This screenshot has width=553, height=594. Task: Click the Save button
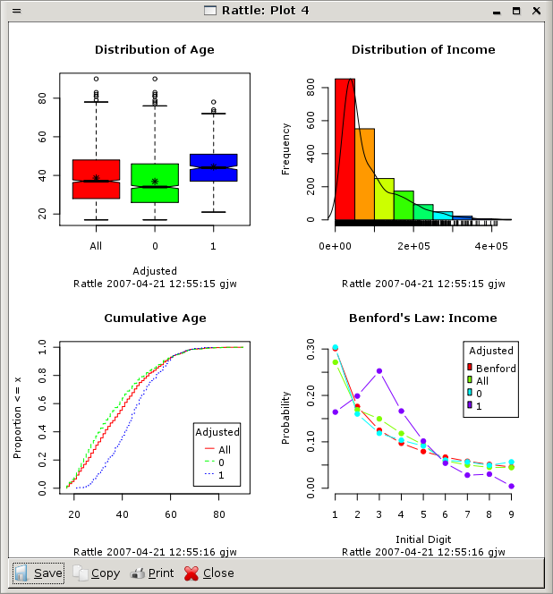coord(38,573)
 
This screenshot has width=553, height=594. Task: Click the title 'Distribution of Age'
coord(155,50)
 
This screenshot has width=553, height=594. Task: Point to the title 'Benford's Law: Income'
coord(422,318)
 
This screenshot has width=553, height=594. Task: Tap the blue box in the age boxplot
coord(213,167)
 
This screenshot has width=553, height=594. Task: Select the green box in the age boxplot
coord(155,183)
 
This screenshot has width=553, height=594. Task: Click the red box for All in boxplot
coord(96,179)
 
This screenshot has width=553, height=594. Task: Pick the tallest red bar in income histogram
coord(345,148)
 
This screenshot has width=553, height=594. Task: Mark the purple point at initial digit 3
coord(379,370)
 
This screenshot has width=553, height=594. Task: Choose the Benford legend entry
coord(495,368)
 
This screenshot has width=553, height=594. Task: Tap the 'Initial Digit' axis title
coord(422,539)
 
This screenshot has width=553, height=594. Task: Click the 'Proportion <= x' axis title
coord(18,418)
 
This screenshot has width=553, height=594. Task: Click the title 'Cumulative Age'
coord(155,318)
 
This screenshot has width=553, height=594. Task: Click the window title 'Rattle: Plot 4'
coord(276,10)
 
